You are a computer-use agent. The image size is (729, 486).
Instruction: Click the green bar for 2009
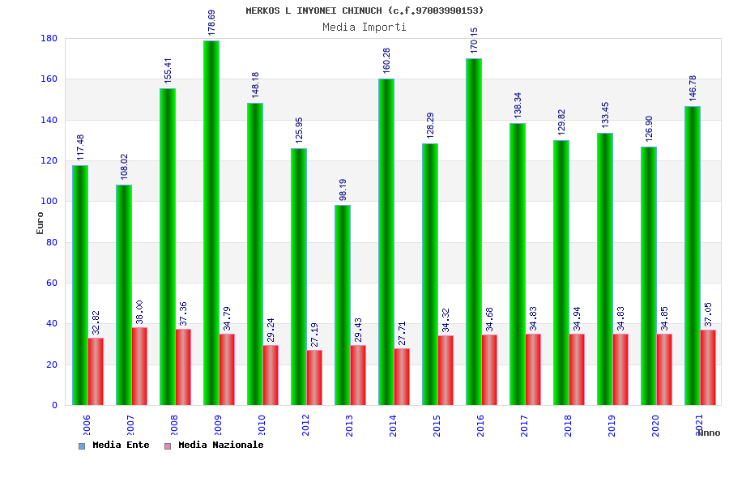tap(211, 223)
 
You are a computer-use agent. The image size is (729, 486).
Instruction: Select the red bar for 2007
tap(139, 366)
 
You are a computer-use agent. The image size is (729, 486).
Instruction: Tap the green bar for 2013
tap(342, 305)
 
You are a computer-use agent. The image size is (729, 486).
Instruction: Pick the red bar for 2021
tap(708, 367)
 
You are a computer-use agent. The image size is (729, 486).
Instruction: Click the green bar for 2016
tap(473, 232)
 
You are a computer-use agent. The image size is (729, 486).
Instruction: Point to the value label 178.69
tap(212, 23)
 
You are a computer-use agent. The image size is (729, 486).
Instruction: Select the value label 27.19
tap(315, 335)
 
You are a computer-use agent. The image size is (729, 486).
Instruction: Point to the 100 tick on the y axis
tap(49, 201)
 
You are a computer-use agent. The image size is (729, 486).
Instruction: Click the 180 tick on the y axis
tap(49, 38)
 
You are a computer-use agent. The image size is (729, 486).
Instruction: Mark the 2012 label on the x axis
tap(306, 425)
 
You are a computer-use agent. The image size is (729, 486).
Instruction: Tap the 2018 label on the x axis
tap(569, 425)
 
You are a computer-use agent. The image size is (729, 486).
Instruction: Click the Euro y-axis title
tap(40, 223)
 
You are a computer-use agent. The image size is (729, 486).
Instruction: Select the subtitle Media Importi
tap(364, 27)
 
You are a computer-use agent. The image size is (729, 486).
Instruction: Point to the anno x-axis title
tap(708, 433)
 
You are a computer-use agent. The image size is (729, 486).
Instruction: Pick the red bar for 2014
tap(402, 377)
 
